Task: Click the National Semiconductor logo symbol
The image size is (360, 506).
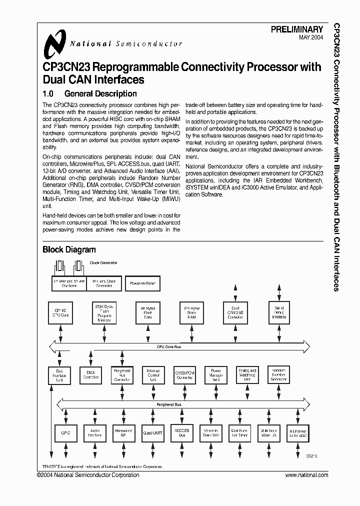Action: point(52,43)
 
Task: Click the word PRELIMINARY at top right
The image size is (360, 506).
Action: point(297,30)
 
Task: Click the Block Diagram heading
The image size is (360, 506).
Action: point(69,249)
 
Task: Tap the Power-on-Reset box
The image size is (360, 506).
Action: point(142,283)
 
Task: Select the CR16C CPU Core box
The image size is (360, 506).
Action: point(60,313)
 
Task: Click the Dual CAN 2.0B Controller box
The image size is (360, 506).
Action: point(235,313)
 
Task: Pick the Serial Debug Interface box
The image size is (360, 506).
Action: point(279,313)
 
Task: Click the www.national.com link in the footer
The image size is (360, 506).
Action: point(306,475)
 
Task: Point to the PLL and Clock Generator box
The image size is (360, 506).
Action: point(103,283)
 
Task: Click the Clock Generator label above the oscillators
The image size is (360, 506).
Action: point(103,262)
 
